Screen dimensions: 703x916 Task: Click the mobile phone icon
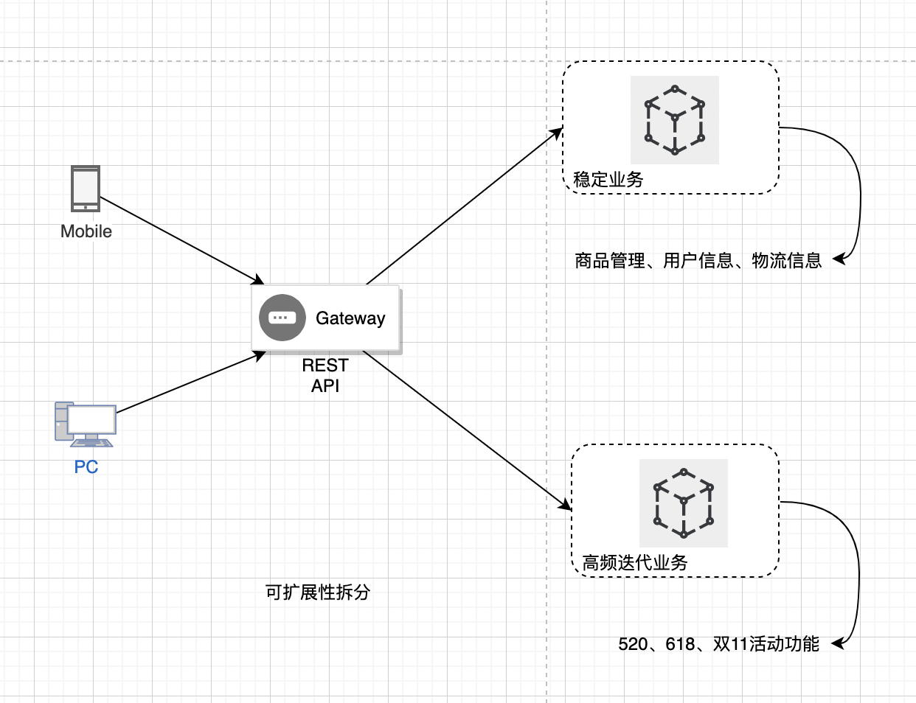pyautogui.click(x=86, y=189)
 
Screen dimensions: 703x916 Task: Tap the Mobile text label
pyautogui.click(x=86, y=231)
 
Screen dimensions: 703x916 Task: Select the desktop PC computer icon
pyautogui.click(x=86, y=424)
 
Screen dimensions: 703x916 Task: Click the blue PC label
pyautogui.click(x=86, y=467)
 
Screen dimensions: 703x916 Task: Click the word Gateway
pyautogui.click(x=350, y=318)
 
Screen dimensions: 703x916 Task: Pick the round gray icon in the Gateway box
pyautogui.click(x=282, y=318)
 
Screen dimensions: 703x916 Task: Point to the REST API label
pyautogui.click(x=325, y=375)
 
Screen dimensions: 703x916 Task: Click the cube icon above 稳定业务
pyautogui.click(x=675, y=119)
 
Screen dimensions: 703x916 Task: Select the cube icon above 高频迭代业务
pyautogui.click(x=684, y=503)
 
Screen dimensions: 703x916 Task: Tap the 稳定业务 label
pyautogui.click(x=608, y=179)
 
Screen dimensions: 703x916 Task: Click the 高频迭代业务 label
pyautogui.click(x=635, y=563)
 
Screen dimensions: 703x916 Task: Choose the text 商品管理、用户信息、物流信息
pyautogui.click(x=698, y=260)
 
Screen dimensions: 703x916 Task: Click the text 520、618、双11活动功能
pyautogui.click(x=718, y=644)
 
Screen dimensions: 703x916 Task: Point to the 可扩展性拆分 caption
pyautogui.click(x=318, y=592)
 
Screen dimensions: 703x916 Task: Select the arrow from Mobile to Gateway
pyautogui.click(x=181, y=240)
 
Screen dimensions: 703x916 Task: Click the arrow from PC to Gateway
pyautogui.click(x=190, y=382)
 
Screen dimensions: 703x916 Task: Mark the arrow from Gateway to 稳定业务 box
pyautogui.click(x=465, y=206)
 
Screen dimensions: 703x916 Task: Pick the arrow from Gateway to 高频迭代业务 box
pyautogui.click(x=468, y=430)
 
